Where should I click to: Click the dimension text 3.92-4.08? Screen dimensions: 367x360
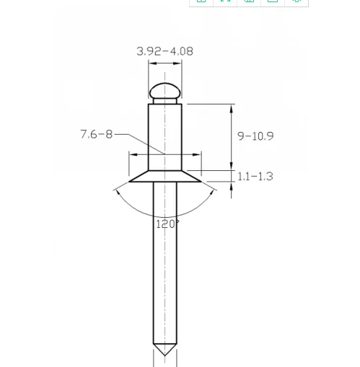click(164, 51)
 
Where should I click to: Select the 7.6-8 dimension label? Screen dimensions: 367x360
click(96, 134)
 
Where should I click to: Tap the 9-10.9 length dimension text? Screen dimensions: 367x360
click(255, 136)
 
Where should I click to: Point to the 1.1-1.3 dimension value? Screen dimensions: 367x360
click(255, 176)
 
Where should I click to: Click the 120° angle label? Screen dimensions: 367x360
click(167, 224)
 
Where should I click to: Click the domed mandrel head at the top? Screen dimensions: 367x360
click(165, 90)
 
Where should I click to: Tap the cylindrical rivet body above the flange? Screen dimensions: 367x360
click(165, 133)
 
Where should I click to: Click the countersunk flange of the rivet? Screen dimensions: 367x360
click(165, 177)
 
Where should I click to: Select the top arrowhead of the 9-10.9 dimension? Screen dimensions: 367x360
click(232, 108)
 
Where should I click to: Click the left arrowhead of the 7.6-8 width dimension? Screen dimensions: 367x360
click(133, 154)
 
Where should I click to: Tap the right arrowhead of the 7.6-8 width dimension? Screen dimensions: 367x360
click(197, 154)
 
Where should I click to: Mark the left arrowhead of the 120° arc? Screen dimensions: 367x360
click(118, 190)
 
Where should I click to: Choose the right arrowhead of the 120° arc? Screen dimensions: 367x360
click(212, 190)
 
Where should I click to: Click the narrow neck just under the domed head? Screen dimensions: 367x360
click(165, 101)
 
